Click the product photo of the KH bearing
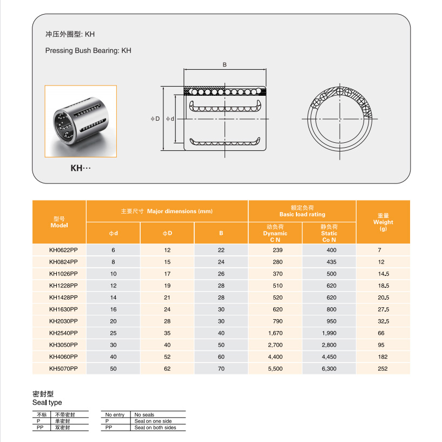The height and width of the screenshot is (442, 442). click(81, 121)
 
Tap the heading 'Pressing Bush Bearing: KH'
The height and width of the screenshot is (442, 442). click(88, 51)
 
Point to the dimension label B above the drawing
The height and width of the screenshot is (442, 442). click(225, 64)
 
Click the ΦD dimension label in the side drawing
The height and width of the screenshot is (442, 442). click(155, 118)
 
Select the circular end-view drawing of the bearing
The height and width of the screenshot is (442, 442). click(340, 118)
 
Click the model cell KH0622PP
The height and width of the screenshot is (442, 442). click(63, 250)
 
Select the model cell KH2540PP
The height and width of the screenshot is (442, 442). click(63, 333)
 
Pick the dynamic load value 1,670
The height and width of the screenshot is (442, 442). click(275, 333)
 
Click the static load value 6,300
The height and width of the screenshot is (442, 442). click(329, 369)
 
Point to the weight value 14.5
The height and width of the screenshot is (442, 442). click(383, 274)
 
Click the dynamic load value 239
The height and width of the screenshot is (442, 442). click(275, 250)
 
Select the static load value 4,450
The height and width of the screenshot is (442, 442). click(329, 357)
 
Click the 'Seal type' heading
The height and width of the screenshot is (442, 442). click(48, 403)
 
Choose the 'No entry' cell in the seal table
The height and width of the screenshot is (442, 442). click(115, 415)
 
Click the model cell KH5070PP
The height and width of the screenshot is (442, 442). click(63, 369)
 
